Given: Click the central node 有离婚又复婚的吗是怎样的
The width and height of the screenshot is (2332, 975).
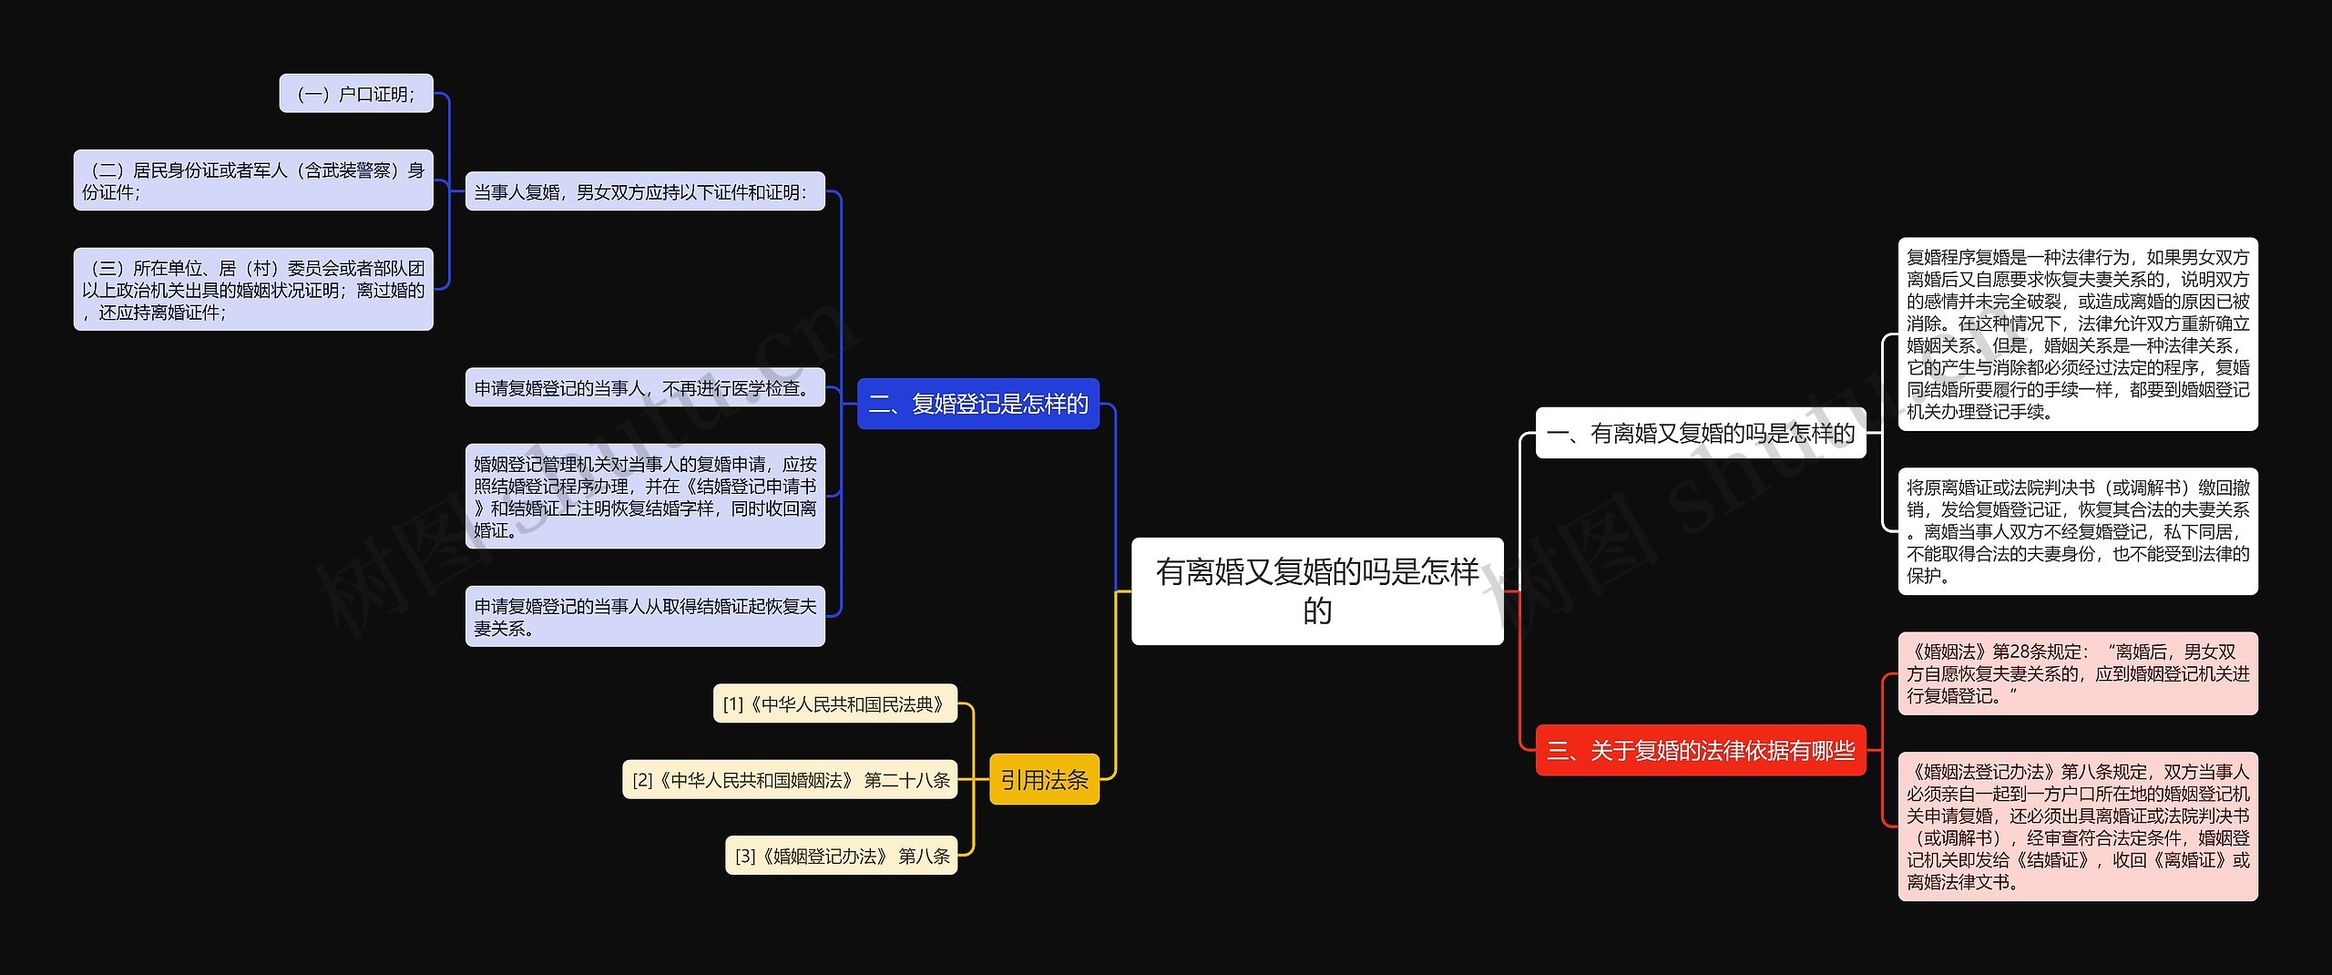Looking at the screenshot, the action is [x=1316, y=590].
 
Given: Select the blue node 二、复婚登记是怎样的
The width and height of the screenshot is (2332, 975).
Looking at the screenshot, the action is [x=978, y=404].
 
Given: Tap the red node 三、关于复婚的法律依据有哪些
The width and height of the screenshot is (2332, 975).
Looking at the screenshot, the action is [x=1700, y=750].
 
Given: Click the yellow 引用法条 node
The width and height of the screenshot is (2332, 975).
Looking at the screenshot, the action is [x=1044, y=779].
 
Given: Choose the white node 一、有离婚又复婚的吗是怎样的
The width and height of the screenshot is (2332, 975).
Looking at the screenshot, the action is [x=1700, y=433].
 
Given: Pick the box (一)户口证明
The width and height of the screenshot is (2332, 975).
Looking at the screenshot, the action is [x=356, y=94].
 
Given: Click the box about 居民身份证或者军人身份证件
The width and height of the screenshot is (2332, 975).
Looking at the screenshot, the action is [x=253, y=180].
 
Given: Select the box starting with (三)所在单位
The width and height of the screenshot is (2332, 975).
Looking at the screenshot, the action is [x=253, y=290].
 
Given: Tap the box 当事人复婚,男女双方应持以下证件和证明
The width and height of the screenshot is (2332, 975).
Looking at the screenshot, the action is [x=644, y=191].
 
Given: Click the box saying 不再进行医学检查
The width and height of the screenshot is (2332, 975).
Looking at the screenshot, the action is [x=644, y=388].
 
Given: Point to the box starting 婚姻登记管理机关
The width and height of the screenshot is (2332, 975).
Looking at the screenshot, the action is [x=644, y=497].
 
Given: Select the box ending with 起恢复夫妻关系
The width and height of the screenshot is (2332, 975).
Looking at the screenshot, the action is [x=644, y=617].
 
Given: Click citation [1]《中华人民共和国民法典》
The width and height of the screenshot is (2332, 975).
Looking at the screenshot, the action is [x=834, y=703].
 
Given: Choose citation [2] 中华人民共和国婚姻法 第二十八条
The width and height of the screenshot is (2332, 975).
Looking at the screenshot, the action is [x=790, y=779].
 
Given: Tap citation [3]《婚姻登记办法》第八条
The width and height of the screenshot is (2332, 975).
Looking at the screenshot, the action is [x=841, y=856].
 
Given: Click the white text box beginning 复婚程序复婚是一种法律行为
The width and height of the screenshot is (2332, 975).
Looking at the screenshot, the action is [x=2077, y=334].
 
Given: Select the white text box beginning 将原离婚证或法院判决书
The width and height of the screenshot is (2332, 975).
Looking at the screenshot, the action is [x=2077, y=531].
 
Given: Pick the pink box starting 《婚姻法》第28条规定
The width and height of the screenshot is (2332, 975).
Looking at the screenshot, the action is [x=2077, y=673].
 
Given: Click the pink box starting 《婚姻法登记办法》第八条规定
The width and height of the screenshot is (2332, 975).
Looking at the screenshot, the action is [x=2077, y=826].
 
